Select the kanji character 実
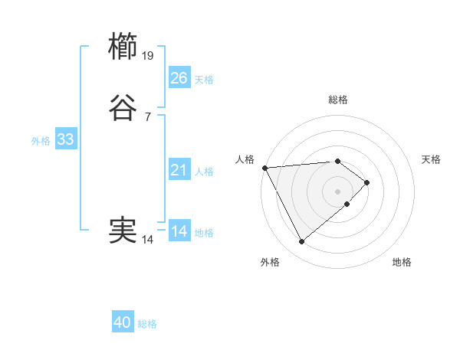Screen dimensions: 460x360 pos(123,231)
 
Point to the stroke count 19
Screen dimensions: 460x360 pos(148,55)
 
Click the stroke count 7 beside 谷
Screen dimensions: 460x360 pos(148,116)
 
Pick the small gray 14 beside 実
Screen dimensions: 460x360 pos(148,240)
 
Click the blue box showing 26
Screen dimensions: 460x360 pos(179,78)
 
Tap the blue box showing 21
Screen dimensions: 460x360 pos(179,171)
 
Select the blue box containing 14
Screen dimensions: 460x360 pos(179,231)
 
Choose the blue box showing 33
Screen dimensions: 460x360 pos(65,140)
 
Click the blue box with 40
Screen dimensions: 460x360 pos(123,323)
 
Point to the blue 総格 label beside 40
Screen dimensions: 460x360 pos(147,324)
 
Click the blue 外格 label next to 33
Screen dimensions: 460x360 pos(41,141)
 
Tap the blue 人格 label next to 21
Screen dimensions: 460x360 pos(204,172)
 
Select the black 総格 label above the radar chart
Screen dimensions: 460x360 pos(338,100)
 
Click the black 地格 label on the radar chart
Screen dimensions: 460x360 pos(402,262)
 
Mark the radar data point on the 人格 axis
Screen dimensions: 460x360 pos(264,167)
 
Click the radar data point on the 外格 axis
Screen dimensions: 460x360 pos(301,242)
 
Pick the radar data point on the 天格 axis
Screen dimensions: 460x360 pos(367,182)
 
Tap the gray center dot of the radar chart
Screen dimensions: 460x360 pos(338,191)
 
